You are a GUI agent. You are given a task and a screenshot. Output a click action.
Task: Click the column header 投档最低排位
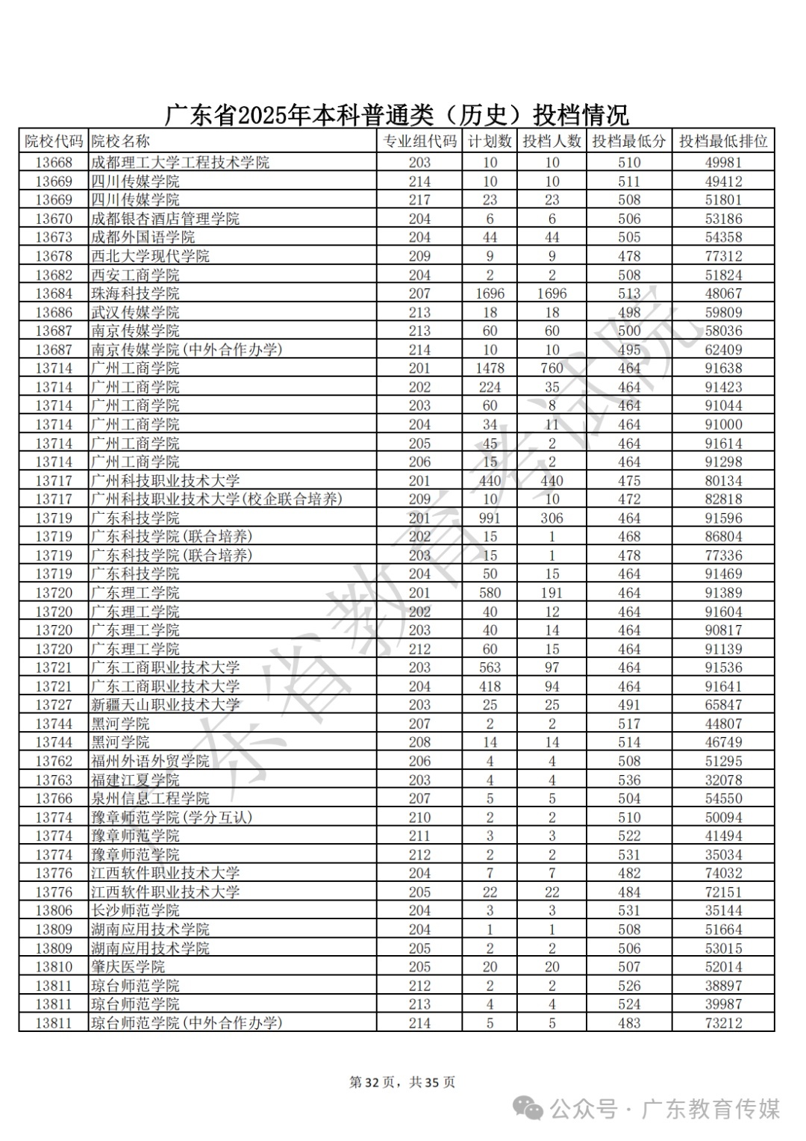(x=722, y=142)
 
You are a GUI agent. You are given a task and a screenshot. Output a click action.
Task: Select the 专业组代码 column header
(x=419, y=142)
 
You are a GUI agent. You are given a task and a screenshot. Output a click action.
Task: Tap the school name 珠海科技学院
(x=135, y=293)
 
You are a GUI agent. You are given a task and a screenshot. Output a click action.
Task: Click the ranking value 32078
(x=722, y=780)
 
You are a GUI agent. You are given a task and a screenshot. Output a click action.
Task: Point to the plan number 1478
(x=490, y=368)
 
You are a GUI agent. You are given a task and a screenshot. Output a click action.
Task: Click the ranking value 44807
(x=722, y=724)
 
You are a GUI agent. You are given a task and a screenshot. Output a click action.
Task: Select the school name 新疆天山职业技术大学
(x=165, y=705)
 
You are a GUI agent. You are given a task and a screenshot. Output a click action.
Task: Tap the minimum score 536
(x=628, y=780)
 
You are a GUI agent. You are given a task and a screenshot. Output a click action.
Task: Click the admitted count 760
(x=552, y=368)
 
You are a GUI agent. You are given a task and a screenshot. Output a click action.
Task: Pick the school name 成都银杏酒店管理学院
(x=165, y=219)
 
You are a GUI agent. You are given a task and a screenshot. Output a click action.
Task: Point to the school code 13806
(x=54, y=911)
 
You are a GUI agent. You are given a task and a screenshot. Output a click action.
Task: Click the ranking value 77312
(x=722, y=256)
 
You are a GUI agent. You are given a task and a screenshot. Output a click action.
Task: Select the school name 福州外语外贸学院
(x=150, y=761)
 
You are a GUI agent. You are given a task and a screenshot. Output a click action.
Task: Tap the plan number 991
(x=490, y=518)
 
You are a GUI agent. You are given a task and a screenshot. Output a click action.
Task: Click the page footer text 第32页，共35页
(x=402, y=1082)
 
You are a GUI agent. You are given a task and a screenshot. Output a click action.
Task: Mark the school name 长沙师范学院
(x=135, y=911)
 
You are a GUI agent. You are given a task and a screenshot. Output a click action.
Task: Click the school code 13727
(x=54, y=705)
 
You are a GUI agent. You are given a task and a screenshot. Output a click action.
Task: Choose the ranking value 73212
(x=722, y=1023)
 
